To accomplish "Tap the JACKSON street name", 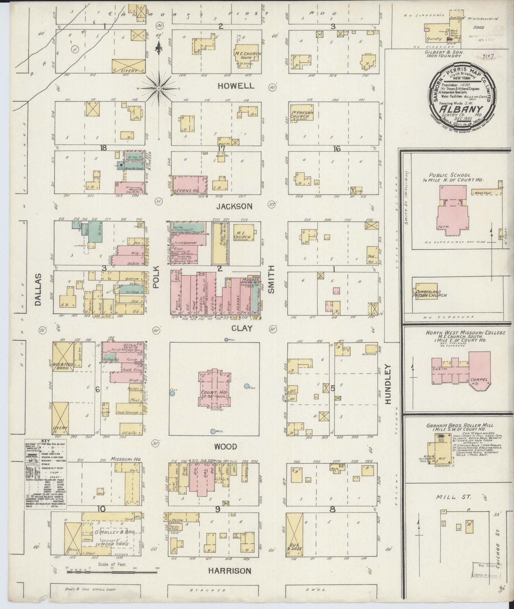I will click(x=235, y=206).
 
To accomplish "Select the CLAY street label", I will click(x=242, y=329).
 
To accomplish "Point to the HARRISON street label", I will click(x=229, y=571).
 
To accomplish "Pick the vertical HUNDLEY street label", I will click(x=388, y=384).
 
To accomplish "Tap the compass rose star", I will click(x=159, y=87).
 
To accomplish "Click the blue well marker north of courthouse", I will click(x=226, y=340).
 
